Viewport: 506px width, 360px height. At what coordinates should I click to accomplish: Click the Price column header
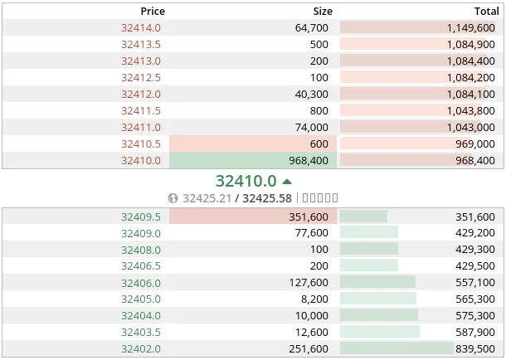[x=153, y=11]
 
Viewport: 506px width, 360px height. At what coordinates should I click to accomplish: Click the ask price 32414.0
[x=141, y=27]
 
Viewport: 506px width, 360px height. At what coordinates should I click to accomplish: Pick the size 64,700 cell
[x=312, y=27]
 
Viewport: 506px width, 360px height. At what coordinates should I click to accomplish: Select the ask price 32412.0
[x=141, y=94]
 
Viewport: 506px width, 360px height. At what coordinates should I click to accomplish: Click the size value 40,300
[x=312, y=94]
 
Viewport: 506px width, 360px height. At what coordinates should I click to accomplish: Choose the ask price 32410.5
[x=141, y=144]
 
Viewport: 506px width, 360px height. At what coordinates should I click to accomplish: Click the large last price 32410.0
[x=246, y=181]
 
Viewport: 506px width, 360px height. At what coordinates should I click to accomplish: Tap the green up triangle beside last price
[x=287, y=181]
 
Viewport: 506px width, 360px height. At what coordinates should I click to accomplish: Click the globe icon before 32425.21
[x=173, y=198]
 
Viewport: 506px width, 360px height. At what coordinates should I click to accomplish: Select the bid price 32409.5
[x=141, y=216]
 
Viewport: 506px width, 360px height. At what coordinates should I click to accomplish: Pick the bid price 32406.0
[x=141, y=283]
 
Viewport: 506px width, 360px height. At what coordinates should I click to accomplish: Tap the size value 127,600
[x=309, y=283]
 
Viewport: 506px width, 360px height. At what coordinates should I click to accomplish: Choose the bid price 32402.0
[x=141, y=349]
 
